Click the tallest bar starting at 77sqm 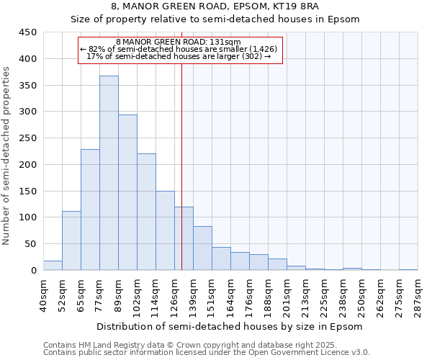(109, 173)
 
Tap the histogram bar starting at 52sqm (71, 240)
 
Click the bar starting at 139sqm (202, 248)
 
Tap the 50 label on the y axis (30, 244)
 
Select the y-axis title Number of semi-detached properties (7, 155)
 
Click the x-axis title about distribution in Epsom (230, 326)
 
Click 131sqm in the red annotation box (226, 42)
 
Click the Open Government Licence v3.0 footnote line (207, 353)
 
